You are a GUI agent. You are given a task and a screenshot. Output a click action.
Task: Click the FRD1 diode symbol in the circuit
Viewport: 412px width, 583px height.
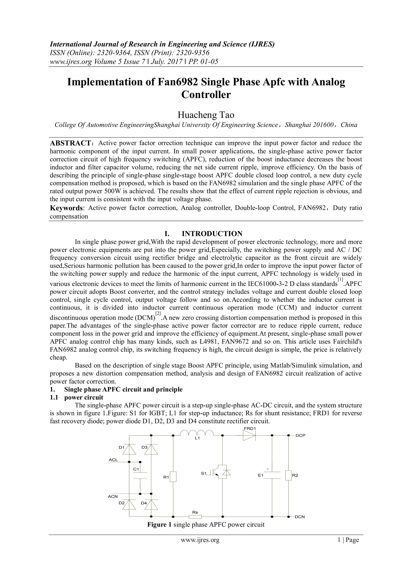click(x=249, y=435)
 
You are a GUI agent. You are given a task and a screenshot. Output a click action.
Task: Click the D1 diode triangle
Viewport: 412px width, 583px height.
click(x=129, y=449)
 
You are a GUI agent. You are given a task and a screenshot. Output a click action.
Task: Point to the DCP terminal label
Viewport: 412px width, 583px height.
click(x=300, y=435)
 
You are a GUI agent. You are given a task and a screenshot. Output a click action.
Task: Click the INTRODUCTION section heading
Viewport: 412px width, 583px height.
click(x=212, y=234)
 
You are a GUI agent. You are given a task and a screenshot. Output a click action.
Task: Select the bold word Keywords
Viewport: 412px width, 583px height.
click(x=66, y=208)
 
